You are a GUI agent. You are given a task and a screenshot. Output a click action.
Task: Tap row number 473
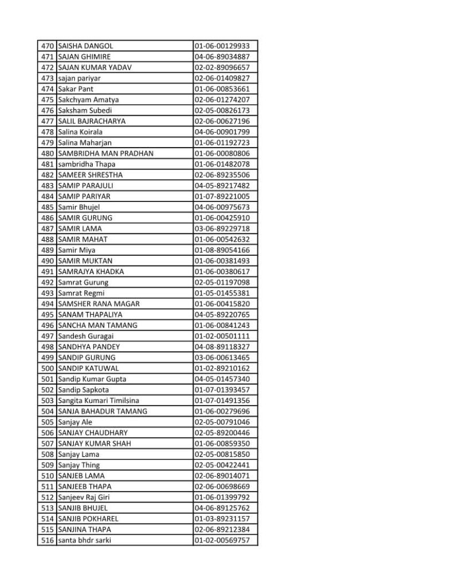48,78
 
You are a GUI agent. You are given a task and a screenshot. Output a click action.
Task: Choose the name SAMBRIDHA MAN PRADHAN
105,153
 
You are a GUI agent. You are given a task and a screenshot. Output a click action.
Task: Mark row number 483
48,185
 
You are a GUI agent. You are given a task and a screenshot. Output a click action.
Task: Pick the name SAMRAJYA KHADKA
90,271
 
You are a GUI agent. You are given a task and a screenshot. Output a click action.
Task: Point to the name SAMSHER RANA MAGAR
99,304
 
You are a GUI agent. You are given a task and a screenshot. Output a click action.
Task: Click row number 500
48,368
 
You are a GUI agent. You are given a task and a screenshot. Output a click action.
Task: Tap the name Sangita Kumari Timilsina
98,401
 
